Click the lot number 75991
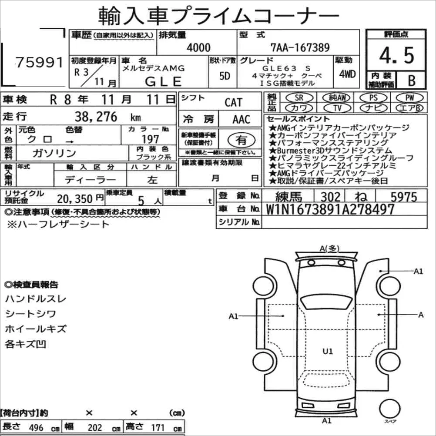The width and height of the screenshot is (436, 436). [40, 62]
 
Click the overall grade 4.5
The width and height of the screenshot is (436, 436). [396, 56]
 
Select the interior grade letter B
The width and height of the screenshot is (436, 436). [412, 80]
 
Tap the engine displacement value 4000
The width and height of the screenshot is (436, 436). [198, 47]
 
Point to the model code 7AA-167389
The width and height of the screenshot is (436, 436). [300, 47]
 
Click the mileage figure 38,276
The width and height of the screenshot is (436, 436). [96, 117]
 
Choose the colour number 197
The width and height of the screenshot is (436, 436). [150, 139]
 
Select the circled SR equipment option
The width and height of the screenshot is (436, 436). [299, 97]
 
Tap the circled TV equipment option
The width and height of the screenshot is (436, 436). [337, 107]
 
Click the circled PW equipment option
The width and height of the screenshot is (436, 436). [409, 97]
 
